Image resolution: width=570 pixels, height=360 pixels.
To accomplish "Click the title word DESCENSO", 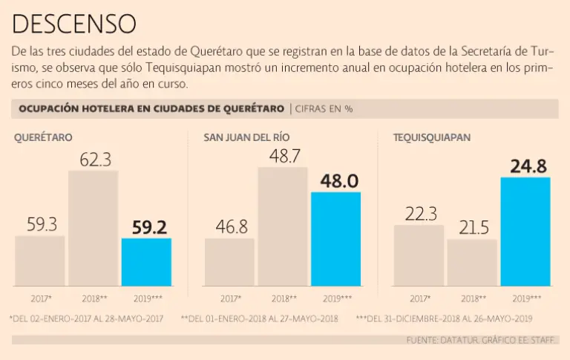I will coord(73,23).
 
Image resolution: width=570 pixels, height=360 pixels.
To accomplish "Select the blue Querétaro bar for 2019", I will coord(146,262).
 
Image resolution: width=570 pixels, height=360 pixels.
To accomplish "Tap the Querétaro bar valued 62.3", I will coord(93,229).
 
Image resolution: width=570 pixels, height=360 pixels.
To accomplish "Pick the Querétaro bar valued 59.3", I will coord(40,261).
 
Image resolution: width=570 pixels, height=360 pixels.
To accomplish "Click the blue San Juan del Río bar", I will coord(335,239).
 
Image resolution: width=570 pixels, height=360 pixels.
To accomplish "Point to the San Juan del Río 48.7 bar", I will coord(283,226).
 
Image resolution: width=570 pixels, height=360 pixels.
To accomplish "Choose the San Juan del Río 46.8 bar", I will coord(229,262).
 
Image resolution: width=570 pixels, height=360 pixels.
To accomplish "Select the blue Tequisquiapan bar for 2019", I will coord(525,232).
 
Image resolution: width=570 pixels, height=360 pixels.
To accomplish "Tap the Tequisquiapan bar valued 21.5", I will coord(472,263).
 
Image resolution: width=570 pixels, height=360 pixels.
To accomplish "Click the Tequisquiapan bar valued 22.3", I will coord(419,255).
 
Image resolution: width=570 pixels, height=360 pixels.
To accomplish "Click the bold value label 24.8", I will coord(528,166).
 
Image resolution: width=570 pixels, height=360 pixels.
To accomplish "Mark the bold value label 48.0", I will coord(339,181).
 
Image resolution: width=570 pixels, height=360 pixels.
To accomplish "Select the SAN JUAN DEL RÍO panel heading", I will coord(247,137).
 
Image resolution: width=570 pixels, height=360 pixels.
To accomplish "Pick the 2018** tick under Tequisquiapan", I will coord(472,298).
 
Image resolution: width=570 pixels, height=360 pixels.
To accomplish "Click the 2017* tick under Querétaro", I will coord(42,298).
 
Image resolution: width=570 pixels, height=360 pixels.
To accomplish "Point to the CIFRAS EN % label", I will coord(324,109).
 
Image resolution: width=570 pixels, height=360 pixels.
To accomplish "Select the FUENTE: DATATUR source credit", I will coord(479,339).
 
